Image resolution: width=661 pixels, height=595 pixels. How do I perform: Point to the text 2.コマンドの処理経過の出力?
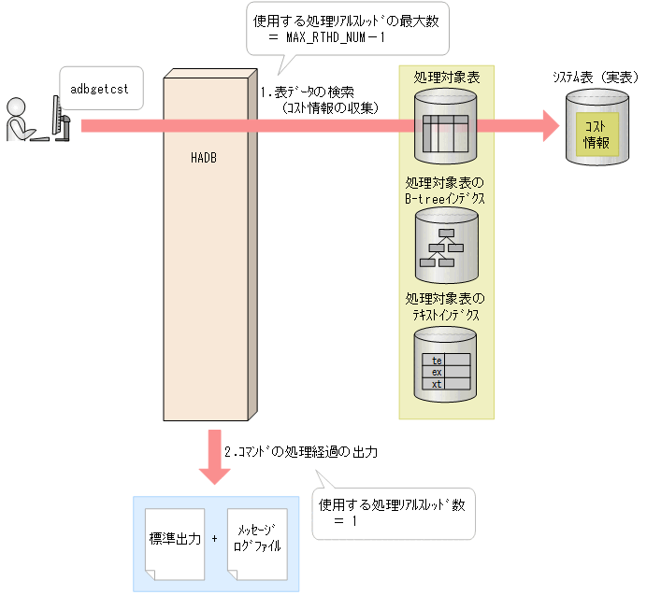(300, 451)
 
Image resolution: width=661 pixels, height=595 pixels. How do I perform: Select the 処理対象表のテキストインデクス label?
(446, 307)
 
